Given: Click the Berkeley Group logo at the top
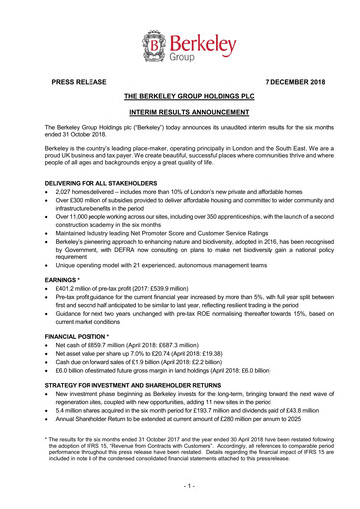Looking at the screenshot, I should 180,46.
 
